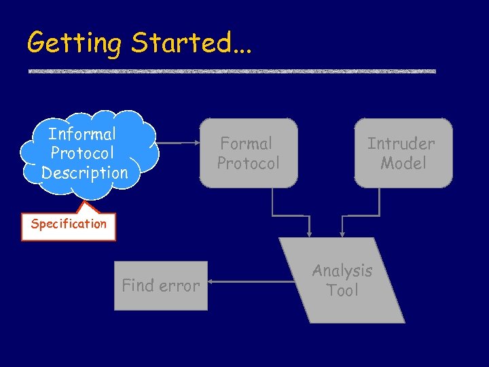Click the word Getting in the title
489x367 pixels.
coord(73,43)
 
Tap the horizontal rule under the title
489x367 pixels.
coord(232,71)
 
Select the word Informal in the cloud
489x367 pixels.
coord(82,134)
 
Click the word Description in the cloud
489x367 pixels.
coord(84,173)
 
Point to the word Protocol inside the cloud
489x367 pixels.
coord(82,154)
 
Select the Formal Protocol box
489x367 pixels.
coord(249,153)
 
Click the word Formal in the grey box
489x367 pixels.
coord(246,143)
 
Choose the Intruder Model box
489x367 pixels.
coord(403,153)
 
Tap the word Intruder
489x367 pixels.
coord(401,143)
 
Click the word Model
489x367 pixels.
coord(403,163)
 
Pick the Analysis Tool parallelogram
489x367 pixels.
coord(342,280)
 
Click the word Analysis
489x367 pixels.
coord(342,270)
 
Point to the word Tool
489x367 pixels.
coord(342,290)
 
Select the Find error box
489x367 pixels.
coord(161,285)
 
